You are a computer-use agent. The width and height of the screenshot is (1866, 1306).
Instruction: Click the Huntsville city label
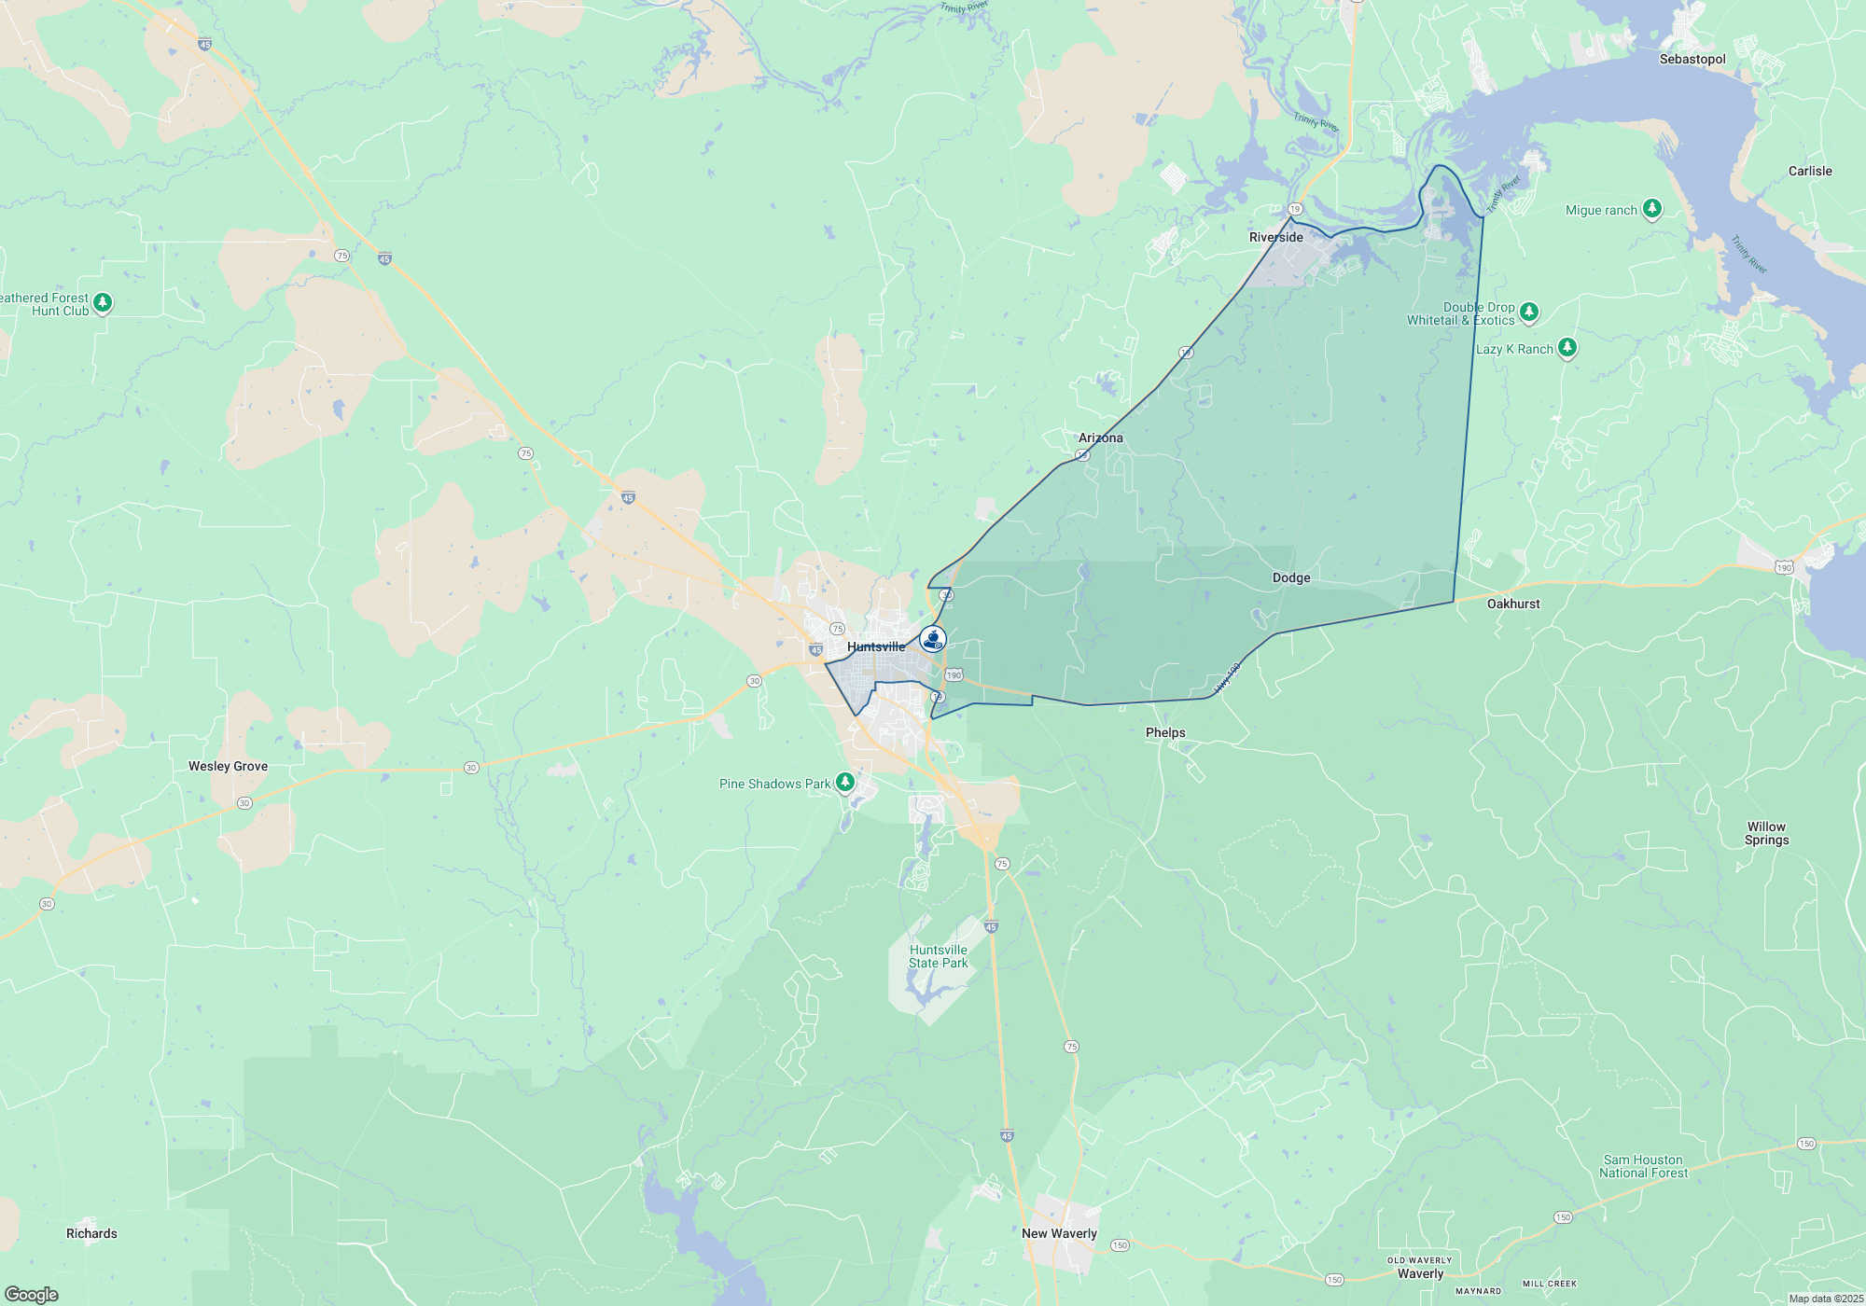click(x=875, y=646)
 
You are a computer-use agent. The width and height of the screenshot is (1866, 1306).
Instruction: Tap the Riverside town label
click(x=1275, y=237)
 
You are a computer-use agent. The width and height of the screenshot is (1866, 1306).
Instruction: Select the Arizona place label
click(x=1100, y=438)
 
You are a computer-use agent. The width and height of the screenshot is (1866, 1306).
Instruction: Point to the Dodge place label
click(x=1291, y=577)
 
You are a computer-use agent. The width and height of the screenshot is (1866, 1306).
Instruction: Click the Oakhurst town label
click(x=1513, y=604)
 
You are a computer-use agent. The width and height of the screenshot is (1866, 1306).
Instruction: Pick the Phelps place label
click(x=1165, y=732)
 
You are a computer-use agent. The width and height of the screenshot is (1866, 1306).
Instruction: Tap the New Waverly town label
click(x=1059, y=1233)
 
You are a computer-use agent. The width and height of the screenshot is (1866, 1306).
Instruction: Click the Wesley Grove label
click(x=228, y=766)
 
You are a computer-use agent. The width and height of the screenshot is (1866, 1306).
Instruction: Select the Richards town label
click(x=91, y=1233)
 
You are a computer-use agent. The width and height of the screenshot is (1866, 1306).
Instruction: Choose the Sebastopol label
click(x=1692, y=59)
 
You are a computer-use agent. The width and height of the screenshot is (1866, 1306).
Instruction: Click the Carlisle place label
click(x=1810, y=171)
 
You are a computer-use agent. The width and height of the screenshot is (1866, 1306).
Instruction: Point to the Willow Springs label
click(x=1766, y=833)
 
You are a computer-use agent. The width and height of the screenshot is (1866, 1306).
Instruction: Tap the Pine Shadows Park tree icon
click(x=845, y=782)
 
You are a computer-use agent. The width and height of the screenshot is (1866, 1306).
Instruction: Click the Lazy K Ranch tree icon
click(x=1567, y=348)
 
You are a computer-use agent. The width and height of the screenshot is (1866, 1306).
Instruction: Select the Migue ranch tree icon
click(x=1652, y=208)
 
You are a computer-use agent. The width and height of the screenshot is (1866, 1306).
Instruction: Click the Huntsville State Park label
click(x=939, y=956)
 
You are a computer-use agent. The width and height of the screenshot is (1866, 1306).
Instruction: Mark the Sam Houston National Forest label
click(x=1643, y=1166)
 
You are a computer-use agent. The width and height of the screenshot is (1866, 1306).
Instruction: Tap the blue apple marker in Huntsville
click(x=933, y=639)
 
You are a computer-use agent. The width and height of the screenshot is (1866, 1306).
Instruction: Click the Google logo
click(x=32, y=1294)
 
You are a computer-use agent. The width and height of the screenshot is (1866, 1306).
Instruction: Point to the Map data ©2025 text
click(x=1826, y=1299)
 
